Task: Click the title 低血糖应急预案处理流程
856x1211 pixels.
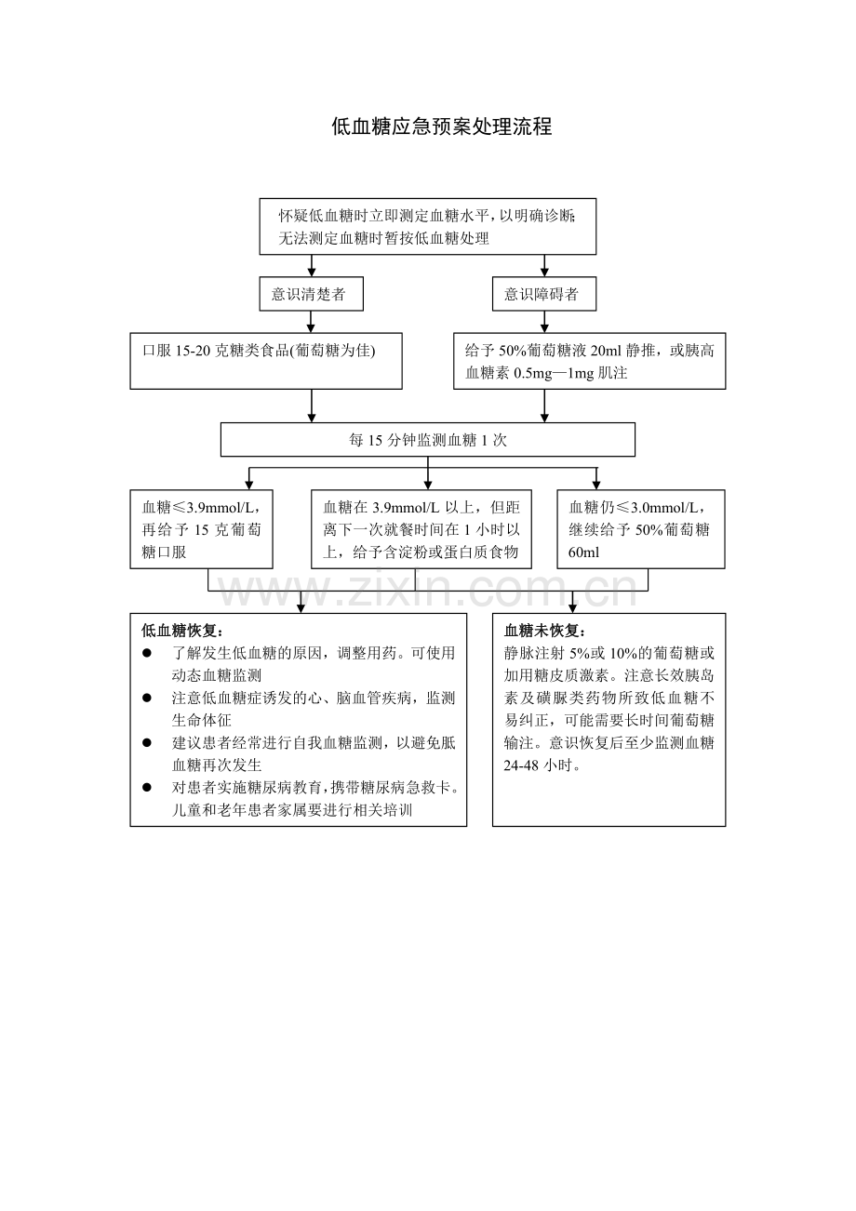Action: tap(441, 127)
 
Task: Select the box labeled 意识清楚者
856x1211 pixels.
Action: tap(311, 294)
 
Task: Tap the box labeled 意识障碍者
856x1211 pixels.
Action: tap(544, 294)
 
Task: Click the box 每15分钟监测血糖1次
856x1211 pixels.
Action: tap(428, 440)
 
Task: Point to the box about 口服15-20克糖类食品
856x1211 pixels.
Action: tap(266, 361)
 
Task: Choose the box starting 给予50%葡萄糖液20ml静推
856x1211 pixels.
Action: tap(589, 361)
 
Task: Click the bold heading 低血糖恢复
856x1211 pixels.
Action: tap(182, 631)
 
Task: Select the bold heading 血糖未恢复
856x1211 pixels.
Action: tap(544, 631)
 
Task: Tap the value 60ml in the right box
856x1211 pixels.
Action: tap(584, 552)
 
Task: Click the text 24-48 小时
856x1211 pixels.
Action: tap(542, 765)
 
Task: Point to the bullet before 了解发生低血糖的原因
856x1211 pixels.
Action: tap(146, 653)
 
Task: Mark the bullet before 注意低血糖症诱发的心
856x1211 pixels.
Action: tap(146, 698)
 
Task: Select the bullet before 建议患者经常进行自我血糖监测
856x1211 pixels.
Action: tap(146, 743)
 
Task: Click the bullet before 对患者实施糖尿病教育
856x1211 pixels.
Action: tap(146, 788)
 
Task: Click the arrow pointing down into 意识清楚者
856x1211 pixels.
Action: tap(312, 265)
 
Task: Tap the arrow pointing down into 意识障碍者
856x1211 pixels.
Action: tap(544, 265)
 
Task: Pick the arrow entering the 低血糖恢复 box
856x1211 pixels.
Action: tap(301, 602)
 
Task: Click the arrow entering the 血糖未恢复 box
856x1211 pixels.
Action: tap(573, 602)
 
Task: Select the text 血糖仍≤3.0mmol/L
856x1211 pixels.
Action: tap(637, 507)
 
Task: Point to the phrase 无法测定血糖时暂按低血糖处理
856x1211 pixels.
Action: tap(384, 238)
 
